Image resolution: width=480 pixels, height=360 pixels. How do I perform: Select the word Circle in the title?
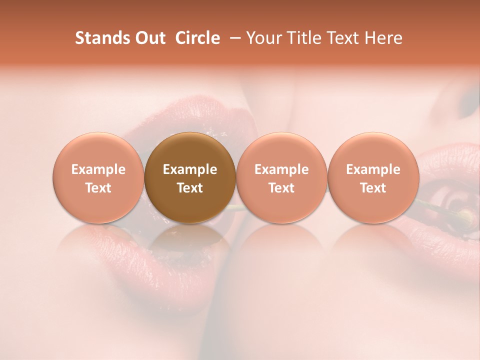(x=197, y=38)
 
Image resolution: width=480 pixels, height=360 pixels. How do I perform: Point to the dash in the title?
(x=234, y=38)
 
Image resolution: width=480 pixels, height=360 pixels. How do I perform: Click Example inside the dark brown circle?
(x=190, y=169)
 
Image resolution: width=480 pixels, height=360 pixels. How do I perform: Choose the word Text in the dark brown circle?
(x=190, y=188)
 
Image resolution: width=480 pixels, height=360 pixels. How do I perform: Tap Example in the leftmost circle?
(x=98, y=169)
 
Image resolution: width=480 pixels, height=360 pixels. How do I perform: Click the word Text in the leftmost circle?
(x=98, y=188)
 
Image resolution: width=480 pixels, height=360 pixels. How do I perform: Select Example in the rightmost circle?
(x=373, y=169)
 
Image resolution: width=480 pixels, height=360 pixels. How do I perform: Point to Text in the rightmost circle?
(x=373, y=188)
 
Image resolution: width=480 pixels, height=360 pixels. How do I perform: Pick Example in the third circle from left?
(x=281, y=169)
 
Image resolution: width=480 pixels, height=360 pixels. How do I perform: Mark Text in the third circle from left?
(x=281, y=188)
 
